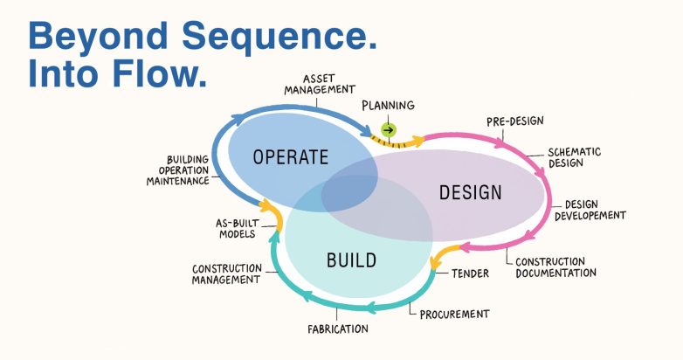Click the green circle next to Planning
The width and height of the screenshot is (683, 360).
389,130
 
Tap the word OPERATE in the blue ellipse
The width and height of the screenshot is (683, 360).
290,157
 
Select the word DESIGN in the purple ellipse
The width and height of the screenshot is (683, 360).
470,192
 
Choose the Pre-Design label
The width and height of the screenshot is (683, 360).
515,121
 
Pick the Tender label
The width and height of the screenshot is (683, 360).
470,273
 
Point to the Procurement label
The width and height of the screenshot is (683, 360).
454,313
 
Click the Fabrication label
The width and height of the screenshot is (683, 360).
337,329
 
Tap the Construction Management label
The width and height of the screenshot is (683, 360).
226,273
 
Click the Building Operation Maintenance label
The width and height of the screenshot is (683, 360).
177,170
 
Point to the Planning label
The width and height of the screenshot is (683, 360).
388,105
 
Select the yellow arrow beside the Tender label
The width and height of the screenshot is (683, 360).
442,255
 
